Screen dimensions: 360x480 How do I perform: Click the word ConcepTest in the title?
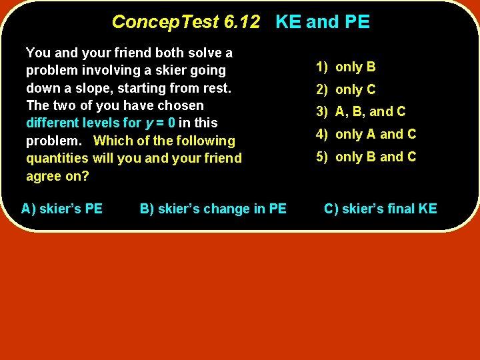pyautogui.click(x=166, y=22)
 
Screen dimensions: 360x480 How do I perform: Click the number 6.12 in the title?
pyautogui.click(x=242, y=22)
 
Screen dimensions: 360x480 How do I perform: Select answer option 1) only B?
pyautogui.click(x=346, y=67)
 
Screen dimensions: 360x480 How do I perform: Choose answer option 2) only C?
pyautogui.click(x=346, y=89)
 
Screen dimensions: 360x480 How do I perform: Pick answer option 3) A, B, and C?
pyautogui.click(x=361, y=111)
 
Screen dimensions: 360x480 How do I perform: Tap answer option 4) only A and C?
pyautogui.click(x=366, y=134)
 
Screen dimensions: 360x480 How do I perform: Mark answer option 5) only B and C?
pyautogui.click(x=366, y=157)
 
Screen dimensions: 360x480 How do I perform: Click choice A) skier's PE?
pyautogui.click(x=62, y=209)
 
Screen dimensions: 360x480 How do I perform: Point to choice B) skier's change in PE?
pyautogui.click(x=213, y=209)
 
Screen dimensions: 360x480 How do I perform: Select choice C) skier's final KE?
pyautogui.click(x=380, y=209)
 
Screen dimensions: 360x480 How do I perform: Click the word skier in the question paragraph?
pyautogui.click(x=177, y=70)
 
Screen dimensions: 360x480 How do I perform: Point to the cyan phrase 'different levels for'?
pyautogui.click(x=84, y=123)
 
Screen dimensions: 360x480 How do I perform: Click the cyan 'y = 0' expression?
pyautogui.click(x=164, y=123)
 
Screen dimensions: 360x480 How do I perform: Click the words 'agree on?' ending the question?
pyautogui.click(x=57, y=176)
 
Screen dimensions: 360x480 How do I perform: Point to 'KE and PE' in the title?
pyautogui.click(x=323, y=22)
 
